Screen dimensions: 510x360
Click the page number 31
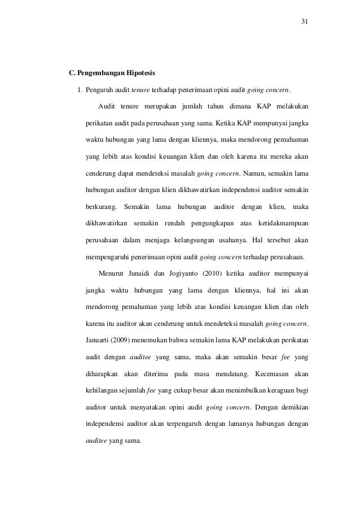coord(304,22)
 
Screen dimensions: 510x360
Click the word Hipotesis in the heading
coord(143,73)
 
